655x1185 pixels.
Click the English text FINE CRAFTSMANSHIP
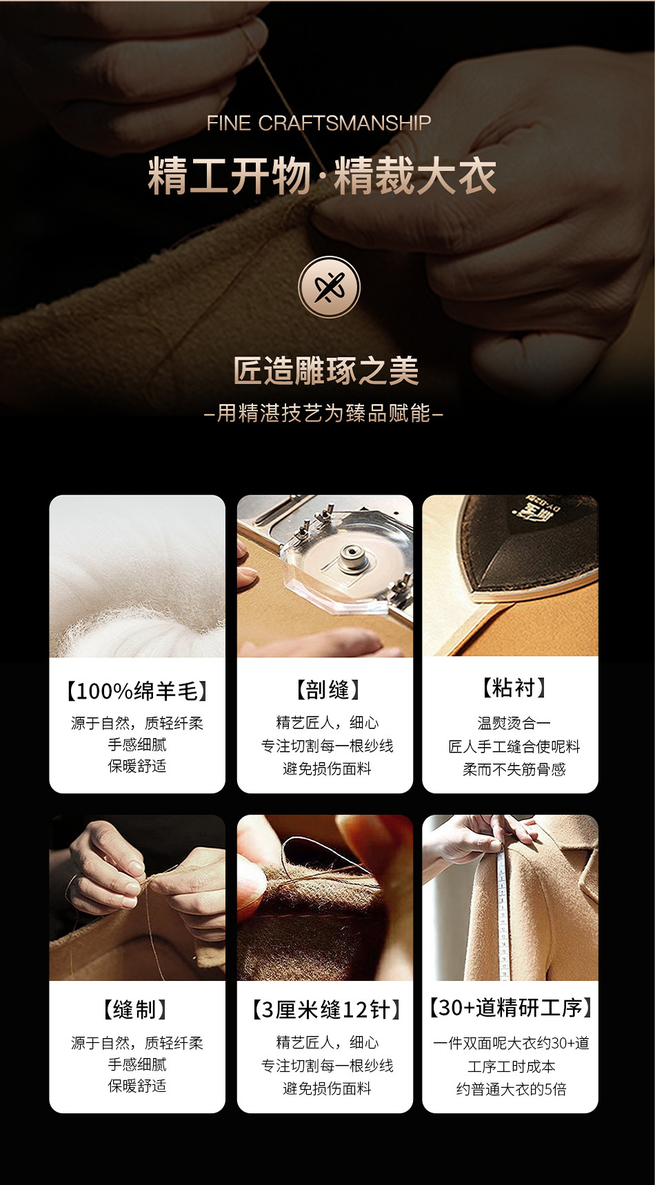pos(319,123)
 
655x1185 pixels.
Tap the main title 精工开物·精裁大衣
pos(322,176)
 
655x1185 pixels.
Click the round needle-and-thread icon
pos(329,287)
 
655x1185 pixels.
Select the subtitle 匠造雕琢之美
pos(326,370)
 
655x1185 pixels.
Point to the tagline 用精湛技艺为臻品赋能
pos(324,412)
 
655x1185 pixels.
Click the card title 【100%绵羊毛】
pos(137,690)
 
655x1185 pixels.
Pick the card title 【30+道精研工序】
pos(511,1007)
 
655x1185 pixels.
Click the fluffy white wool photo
pos(137,576)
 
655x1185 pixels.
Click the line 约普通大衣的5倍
pos(511,1089)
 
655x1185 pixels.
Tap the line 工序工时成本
pos(511,1066)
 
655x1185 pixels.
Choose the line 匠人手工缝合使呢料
pos(514,746)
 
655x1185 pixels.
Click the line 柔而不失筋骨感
pos(514,769)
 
